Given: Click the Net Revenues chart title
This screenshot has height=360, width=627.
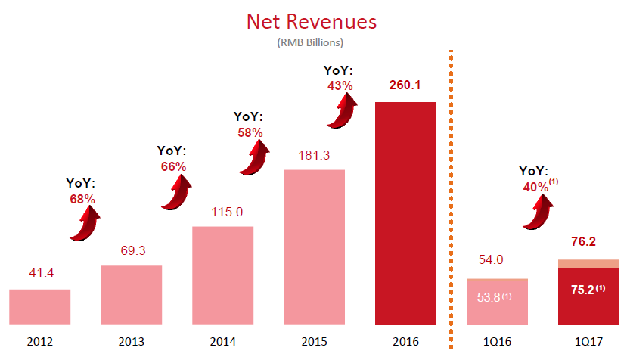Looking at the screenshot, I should pos(312,21).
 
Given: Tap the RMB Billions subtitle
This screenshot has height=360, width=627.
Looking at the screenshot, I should pos(311,42).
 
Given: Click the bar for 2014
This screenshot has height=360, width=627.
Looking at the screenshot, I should pos(222,276).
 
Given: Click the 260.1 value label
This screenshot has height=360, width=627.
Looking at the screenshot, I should pos(405,85).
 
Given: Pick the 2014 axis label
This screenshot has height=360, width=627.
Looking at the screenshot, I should pos(222,342).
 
